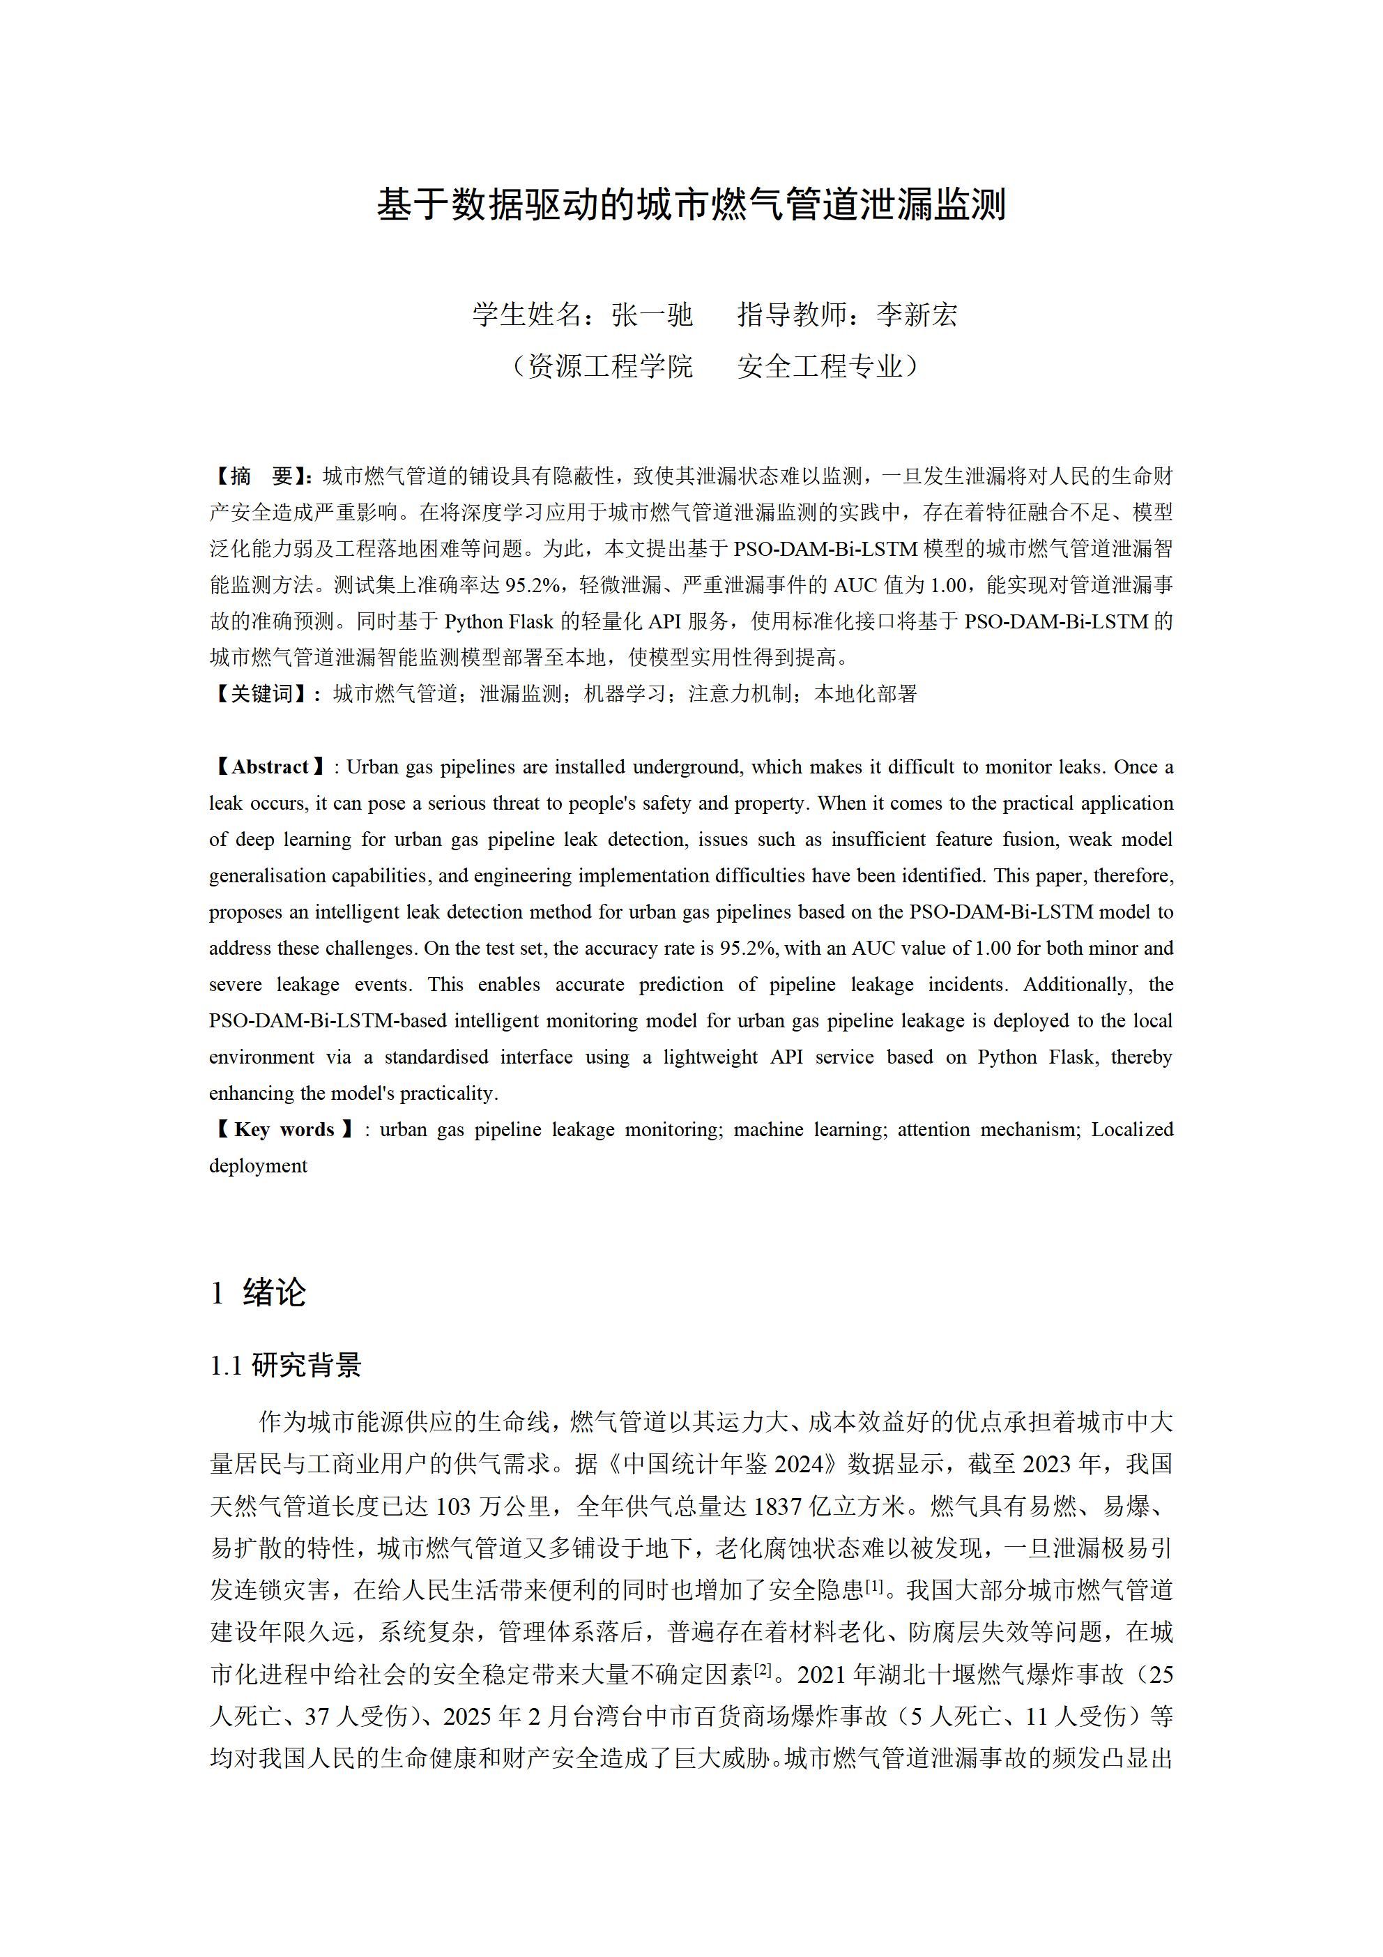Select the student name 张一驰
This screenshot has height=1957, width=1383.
652,315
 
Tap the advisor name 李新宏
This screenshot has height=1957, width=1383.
917,315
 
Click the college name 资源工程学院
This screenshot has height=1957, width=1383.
610,367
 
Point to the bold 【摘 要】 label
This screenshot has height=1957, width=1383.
263,476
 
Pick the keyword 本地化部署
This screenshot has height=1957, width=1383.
866,695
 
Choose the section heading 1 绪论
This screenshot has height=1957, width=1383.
258,1293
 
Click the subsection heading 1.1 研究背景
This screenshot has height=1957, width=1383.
286,1366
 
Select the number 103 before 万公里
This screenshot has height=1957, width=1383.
454,1507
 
